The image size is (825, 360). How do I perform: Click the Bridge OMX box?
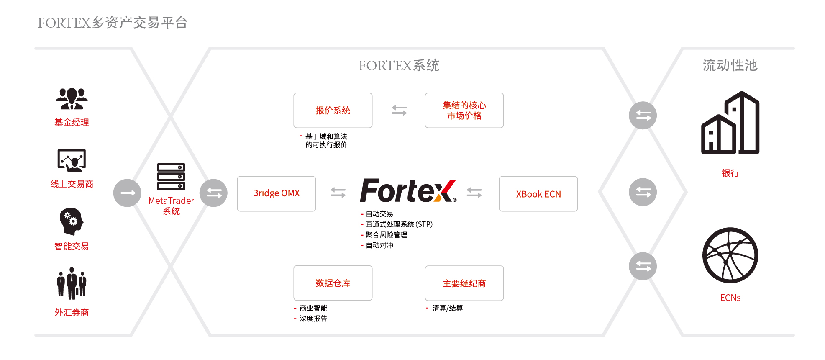pos(276,193)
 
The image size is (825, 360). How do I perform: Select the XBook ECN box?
pos(538,194)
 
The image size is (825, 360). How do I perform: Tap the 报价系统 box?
pos(333,110)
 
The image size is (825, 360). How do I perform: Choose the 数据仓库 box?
pos(333,283)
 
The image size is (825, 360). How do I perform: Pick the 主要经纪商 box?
pos(464,283)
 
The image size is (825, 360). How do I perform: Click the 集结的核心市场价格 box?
pos(464,110)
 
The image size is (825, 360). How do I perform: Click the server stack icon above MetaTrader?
pos(171,177)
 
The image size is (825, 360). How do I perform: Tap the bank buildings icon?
pos(730,123)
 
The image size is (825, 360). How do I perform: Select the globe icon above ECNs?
pos(730,255)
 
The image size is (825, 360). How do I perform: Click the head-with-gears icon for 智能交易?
pos(72,221)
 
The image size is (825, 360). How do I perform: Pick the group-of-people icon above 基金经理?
pos(72,99)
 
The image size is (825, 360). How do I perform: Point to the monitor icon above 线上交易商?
pos(72,160)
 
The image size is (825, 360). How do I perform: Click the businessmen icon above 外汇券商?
pos(72,283)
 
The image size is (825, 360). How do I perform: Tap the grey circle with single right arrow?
pos(127,193)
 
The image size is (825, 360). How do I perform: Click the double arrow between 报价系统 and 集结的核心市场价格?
pos(399,110)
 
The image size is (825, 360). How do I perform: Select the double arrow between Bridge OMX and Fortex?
pos(338,193)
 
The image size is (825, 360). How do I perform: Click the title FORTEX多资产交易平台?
pos(113,23)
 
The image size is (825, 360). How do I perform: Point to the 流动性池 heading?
pos(730,65)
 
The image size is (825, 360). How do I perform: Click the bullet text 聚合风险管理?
pos(386,235)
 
